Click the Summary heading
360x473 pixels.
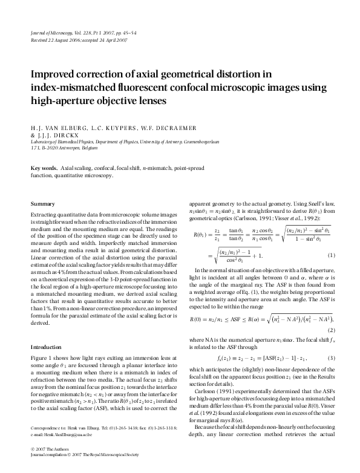[x=42, y=204]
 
